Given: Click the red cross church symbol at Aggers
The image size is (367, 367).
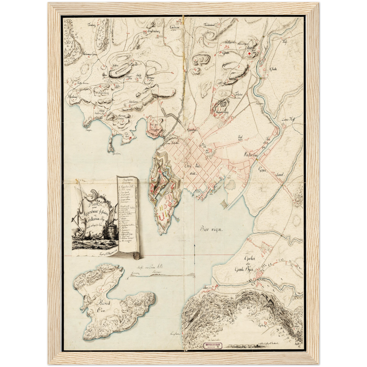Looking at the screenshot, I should click(249, 54).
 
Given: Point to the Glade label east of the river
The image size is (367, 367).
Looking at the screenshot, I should click(273, 69).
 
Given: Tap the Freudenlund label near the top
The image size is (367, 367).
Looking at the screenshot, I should click(210, 25).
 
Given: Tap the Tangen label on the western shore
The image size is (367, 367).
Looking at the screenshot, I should click(88, 130).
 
